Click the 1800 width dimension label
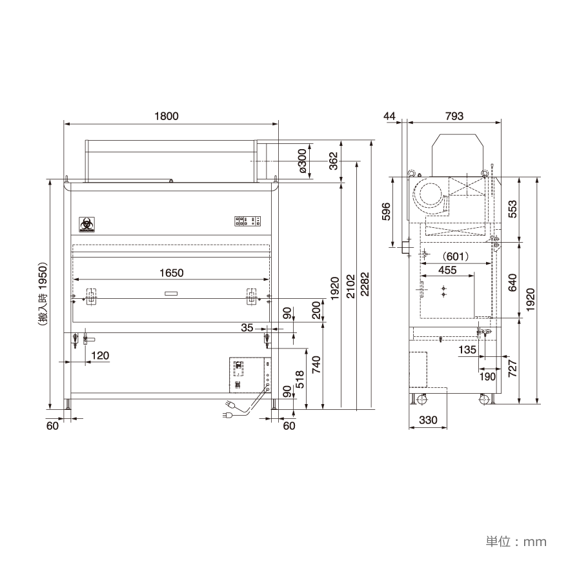pyautogui.click(x=167, y=117)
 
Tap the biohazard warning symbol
pyautogui.click(x=85, y=223)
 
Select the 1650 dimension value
pyautogui.click(x=171, y=273)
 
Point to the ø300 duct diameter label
pyautogui.click(x=302, y=161)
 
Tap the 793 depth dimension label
pyautogui.click(x=454, y=117)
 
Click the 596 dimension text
pyautogui.click(x=386, y=212)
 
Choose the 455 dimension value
pyautogui.click(x=448, y=270)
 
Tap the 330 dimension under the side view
pyautogui.click(x=428, y=420)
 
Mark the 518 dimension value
pyautogui.click(x=301, y=378)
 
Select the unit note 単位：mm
pyautogui.click(x=515, y=541)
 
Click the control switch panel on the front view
pyautogui.click(x=248, y=221)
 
